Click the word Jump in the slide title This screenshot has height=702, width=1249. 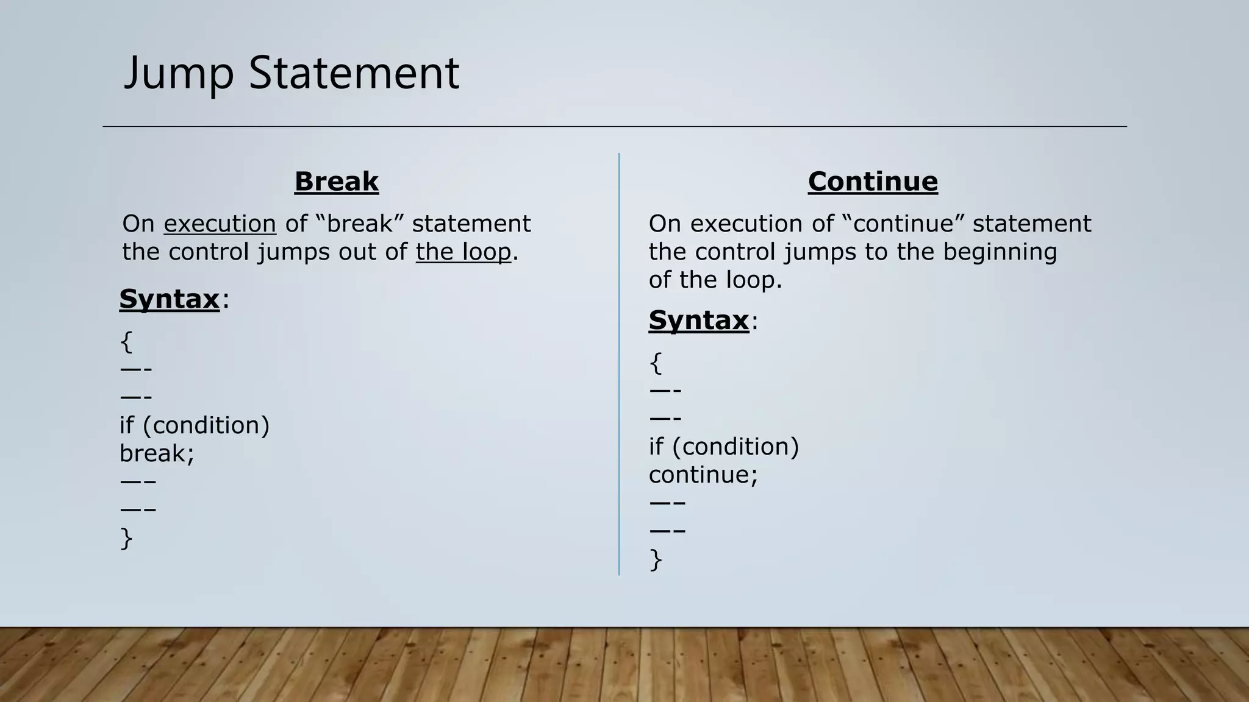(x=179, y=74)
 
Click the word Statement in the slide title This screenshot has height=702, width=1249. (x=354, y=74)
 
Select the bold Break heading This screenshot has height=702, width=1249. (x=336, y=182)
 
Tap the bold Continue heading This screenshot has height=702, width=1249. (x=873, y=182)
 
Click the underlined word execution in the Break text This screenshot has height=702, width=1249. (x=220, y=224)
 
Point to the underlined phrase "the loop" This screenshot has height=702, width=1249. (x=463, y=252)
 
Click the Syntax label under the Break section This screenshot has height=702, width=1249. (x=169, y=299)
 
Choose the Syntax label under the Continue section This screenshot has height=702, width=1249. (x=698, y=320)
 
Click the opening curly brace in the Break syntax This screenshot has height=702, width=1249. (x=126, y=342)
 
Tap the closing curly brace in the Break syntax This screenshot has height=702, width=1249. (x=126, y=539)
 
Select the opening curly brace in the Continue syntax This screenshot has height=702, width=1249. (x=656, y=363)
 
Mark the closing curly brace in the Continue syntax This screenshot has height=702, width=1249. (x=656, y=559)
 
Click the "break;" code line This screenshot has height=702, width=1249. (x=157, y=453)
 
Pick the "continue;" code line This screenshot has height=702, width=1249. (x=703, y=475)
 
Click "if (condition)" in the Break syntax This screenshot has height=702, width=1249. (x=195, y=425)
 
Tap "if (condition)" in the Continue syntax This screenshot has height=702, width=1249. (x=724, y=447)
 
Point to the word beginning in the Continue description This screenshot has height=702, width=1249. (x=1000, y=252)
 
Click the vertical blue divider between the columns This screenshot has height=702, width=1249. (x=619, y=366)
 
